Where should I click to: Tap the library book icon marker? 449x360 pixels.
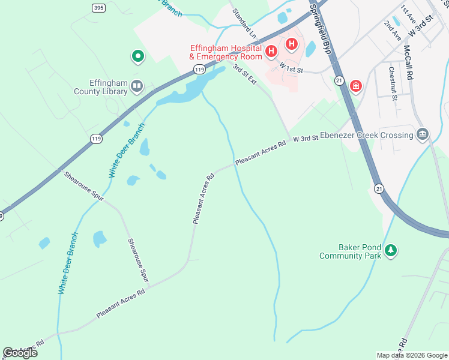click(137, 87)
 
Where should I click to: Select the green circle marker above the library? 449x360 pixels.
click(137, 57)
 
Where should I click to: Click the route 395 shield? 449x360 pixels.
click(98, 8)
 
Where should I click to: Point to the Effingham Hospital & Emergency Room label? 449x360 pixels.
click(226, 52)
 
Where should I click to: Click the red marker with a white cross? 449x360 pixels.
click(357, 86)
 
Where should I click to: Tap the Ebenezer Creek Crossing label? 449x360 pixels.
click(366, 135)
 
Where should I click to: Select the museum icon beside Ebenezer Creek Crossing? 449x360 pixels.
click(422, 134)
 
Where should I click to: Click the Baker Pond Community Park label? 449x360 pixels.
click(351, 251)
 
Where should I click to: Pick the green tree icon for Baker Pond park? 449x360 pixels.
click(391, 250)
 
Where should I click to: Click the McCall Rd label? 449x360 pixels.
click(409, 62)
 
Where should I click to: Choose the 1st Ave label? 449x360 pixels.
click(408, 14)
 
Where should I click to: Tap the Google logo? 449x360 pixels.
click(20, 353)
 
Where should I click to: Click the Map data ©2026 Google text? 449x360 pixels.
click(412, 355)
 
